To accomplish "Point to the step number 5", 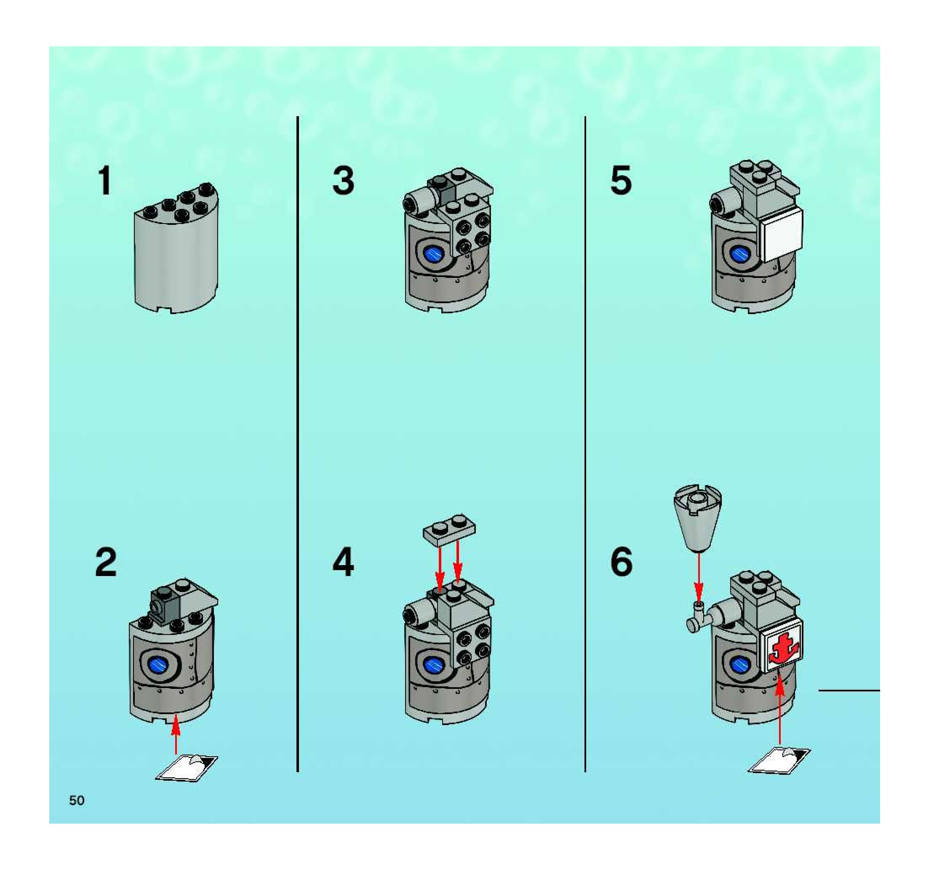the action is [621, 182].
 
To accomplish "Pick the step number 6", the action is [622, 563].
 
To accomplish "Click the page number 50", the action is [77, 800].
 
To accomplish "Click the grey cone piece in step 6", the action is [698, 517].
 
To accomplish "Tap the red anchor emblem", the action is [781, 651].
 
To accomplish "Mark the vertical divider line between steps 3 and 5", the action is [585, 444].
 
